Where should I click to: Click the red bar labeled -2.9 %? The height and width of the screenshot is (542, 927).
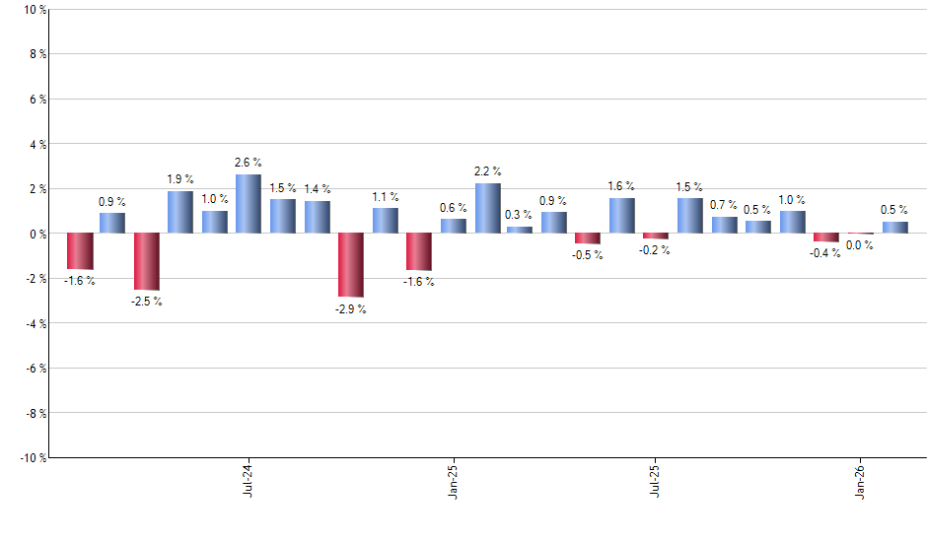click(351, 265)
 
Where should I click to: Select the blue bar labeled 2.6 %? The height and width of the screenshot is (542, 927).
click(249, 204)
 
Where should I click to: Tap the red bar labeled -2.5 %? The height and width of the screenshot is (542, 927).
click(147, 261)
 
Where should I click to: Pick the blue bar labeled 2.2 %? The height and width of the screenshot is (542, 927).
click(488, 208)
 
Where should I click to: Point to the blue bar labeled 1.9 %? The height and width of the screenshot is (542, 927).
click(180, 212)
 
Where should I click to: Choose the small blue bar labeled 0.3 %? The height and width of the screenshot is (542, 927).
click(520, 230)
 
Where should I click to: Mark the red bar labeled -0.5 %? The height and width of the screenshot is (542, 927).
click(588, 238)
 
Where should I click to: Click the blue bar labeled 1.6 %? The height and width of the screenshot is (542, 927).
click(621, 216)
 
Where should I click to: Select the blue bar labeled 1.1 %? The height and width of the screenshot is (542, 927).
click(386, 221)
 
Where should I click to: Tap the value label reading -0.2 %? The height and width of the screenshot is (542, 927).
click(656, 250)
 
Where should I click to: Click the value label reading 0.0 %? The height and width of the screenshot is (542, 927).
click(860, 245)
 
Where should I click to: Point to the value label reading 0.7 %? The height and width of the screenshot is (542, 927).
click(724, 204)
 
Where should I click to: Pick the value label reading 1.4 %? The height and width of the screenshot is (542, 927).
click(318, 188)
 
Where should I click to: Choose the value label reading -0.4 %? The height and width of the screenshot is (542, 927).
click(826, 253)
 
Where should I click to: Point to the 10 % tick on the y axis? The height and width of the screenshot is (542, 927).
click(33, 10)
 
